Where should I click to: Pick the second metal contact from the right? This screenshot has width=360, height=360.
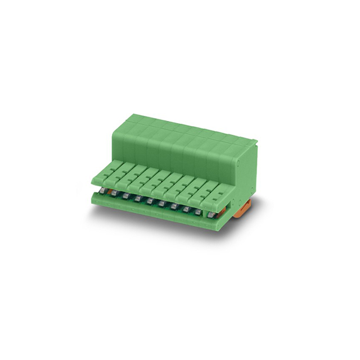199,211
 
